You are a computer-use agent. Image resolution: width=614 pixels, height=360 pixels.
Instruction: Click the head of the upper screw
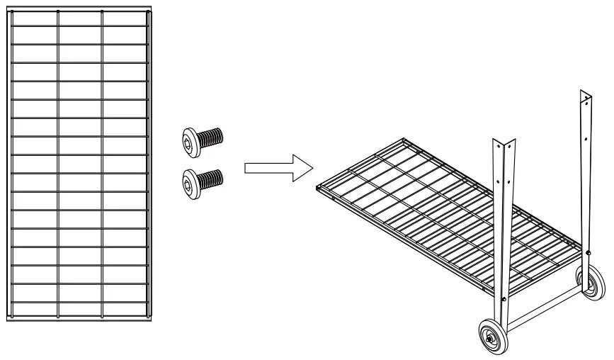190,138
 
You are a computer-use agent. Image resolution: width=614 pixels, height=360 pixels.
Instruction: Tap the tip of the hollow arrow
312,168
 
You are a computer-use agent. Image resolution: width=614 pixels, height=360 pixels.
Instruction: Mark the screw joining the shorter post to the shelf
503,298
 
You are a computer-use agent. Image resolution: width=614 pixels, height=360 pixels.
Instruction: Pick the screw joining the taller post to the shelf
589,252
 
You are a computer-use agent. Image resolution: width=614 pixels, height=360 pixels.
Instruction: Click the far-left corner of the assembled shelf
317,189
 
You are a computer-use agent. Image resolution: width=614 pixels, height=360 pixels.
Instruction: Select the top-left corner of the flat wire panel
9,11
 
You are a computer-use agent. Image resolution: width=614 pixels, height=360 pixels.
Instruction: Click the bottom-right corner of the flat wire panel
150,320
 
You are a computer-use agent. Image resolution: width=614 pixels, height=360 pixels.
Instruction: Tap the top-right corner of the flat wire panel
150,11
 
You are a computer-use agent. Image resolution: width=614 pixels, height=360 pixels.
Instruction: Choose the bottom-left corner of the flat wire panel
9,320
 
